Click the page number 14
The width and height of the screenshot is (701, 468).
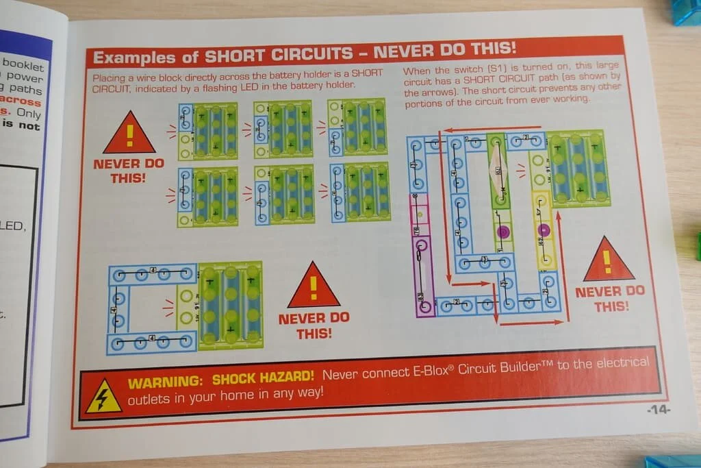click(659, 410)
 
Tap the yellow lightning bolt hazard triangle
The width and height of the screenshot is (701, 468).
click(104, 397)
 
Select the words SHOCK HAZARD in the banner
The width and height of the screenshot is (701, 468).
click(264, 378)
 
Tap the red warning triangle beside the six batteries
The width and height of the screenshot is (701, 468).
click(129, 134)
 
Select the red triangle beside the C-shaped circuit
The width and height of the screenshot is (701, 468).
click(314, 286)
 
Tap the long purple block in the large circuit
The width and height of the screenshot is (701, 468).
click(423, 274)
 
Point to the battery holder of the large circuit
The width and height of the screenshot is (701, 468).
click(578, 167)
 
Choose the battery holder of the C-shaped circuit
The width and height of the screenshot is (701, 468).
click(231, 304)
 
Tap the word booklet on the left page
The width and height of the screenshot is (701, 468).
click(23, 66)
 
